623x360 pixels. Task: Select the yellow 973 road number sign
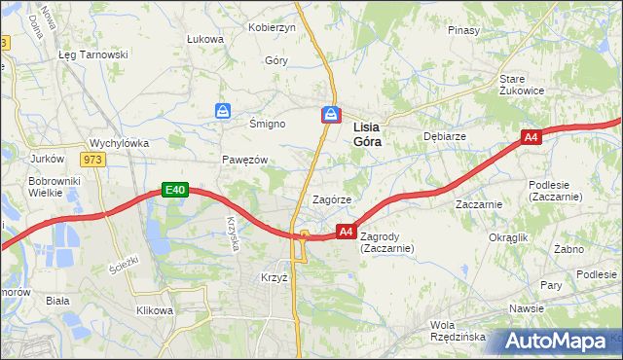pos(92,160)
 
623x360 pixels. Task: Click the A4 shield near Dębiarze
pos(531,138)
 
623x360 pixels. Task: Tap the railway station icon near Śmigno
pos(224,112)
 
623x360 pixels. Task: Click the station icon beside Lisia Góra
pos(331,115)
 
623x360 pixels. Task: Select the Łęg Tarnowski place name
pos(93,54)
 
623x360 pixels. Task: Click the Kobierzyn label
pos(272,27)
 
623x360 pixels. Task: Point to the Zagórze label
pos(331,198)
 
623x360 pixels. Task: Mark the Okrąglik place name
pos(508,237)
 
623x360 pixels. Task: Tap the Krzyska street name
pos(234,233)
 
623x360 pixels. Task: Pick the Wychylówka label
pos(119,142)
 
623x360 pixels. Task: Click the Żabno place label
pos(568,249)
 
